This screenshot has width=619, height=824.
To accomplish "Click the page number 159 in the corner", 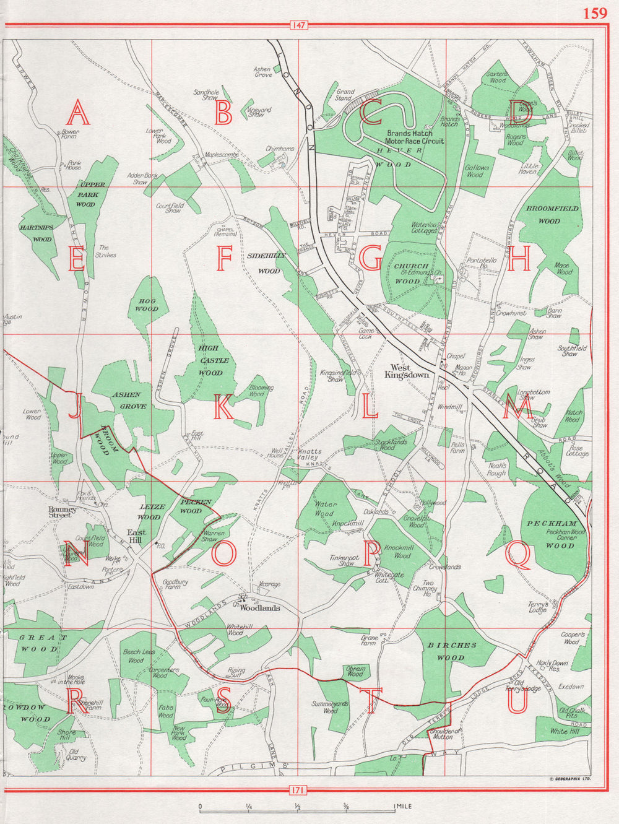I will point(595,13).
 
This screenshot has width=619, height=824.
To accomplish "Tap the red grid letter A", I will point(78,113).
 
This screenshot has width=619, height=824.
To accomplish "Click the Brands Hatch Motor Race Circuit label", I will point(415,137).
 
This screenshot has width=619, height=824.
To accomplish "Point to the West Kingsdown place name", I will point(406,371).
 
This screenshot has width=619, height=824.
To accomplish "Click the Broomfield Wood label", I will point(552,214).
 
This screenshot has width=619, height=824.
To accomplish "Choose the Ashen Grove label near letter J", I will point(130,401).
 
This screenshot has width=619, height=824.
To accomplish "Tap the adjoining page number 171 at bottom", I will point(298,789).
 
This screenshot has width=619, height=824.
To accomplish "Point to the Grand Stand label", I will point(345,95).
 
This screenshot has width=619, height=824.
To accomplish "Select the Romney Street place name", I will point(64,512).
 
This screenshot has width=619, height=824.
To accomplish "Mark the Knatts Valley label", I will point(309,454).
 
